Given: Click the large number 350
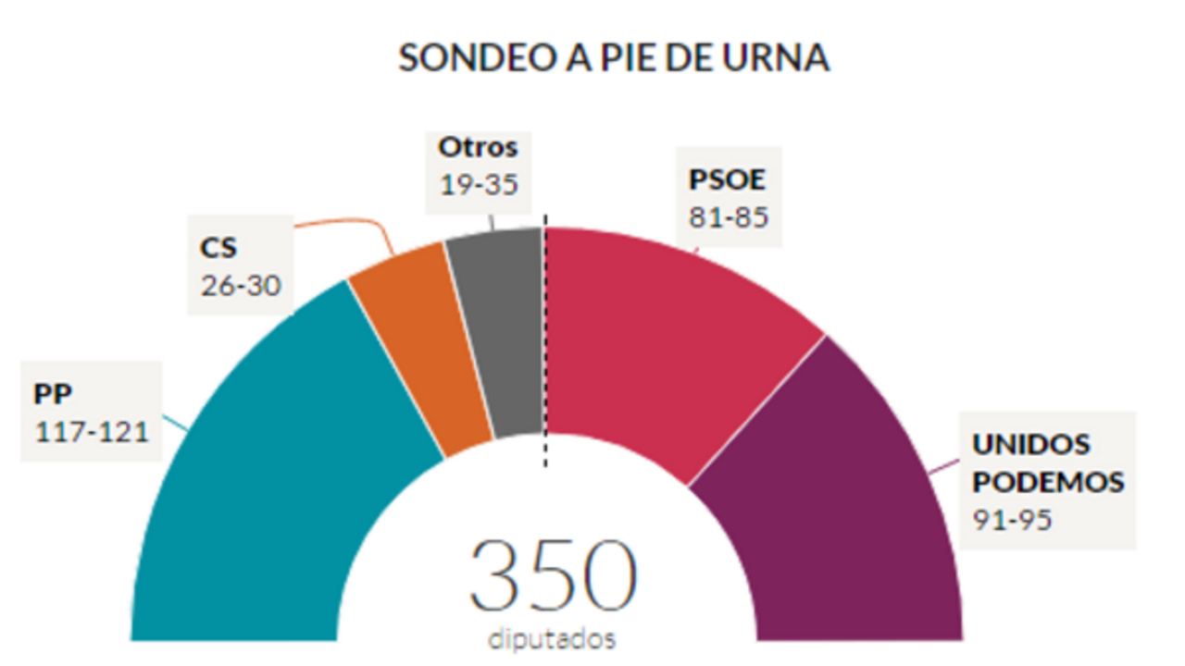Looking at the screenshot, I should click(x=553, y=577).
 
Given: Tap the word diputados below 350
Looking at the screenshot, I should click(x=553, y=638).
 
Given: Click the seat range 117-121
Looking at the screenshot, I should click(x=92, y=430).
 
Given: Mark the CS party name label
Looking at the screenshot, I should click(x=218, y=248).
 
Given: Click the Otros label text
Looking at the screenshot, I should click(x=478, y=147).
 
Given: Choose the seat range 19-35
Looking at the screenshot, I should click(x=478, y=183).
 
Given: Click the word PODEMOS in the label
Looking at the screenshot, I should click(x=1048, y=482).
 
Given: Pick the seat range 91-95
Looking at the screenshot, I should click(x=1012, y=519).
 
